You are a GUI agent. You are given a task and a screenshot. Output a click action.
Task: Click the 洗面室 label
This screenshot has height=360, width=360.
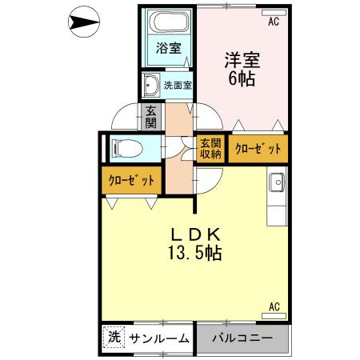[178, 84]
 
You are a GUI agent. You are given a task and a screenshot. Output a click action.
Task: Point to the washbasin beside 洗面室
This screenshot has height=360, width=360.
[150, 84]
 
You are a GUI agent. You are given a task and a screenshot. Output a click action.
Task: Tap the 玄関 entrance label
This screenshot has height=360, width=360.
[150, 118]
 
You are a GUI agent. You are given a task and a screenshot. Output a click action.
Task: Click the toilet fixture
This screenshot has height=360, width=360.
[126, 148]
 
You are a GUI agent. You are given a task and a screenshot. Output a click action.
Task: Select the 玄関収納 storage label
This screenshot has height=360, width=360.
[210, 148]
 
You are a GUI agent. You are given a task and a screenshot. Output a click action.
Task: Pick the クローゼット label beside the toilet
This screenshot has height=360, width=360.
[131, 181]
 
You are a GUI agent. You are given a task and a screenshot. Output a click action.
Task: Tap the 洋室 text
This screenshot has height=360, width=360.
[241, 61]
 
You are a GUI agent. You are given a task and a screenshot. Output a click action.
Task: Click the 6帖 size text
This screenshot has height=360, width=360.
[241, 79]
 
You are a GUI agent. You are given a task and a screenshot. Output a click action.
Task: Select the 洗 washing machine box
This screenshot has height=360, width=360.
[113, 338]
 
